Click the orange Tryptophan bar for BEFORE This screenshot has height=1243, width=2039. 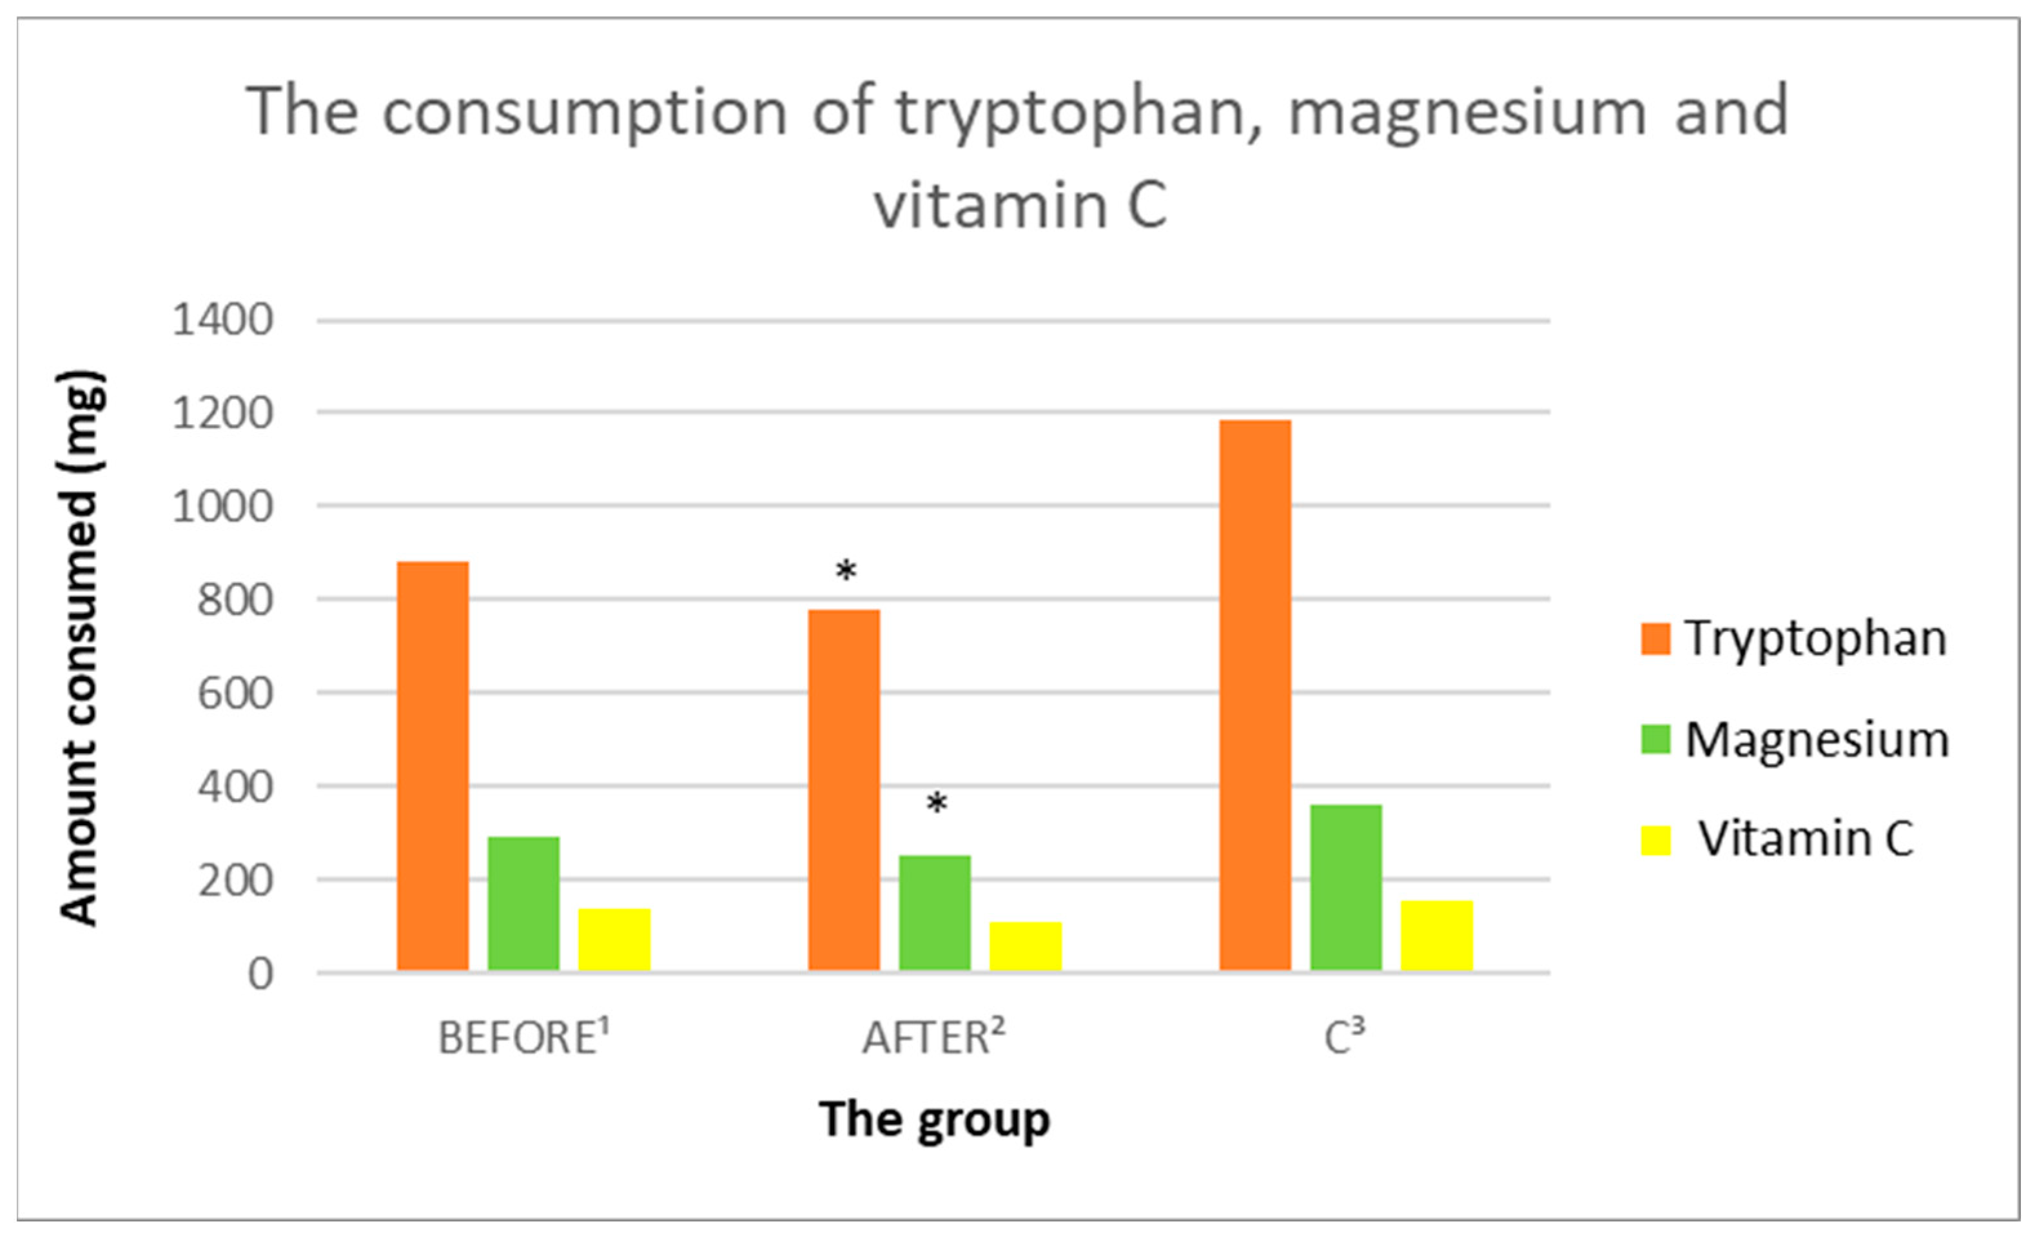click(x=433, y=765)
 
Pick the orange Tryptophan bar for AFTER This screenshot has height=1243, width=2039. click(x=844, y=790)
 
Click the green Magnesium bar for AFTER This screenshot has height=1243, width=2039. click(x=934, y=912)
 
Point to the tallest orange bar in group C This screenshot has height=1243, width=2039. click(x=1254, y=695)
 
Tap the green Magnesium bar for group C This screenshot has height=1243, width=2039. click(x=1345, y=887)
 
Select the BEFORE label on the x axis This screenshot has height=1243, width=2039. click(x=523, y=1038)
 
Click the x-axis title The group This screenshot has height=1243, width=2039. click(x=934, y=1120)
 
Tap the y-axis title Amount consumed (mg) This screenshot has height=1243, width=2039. click(x=81, y=647)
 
